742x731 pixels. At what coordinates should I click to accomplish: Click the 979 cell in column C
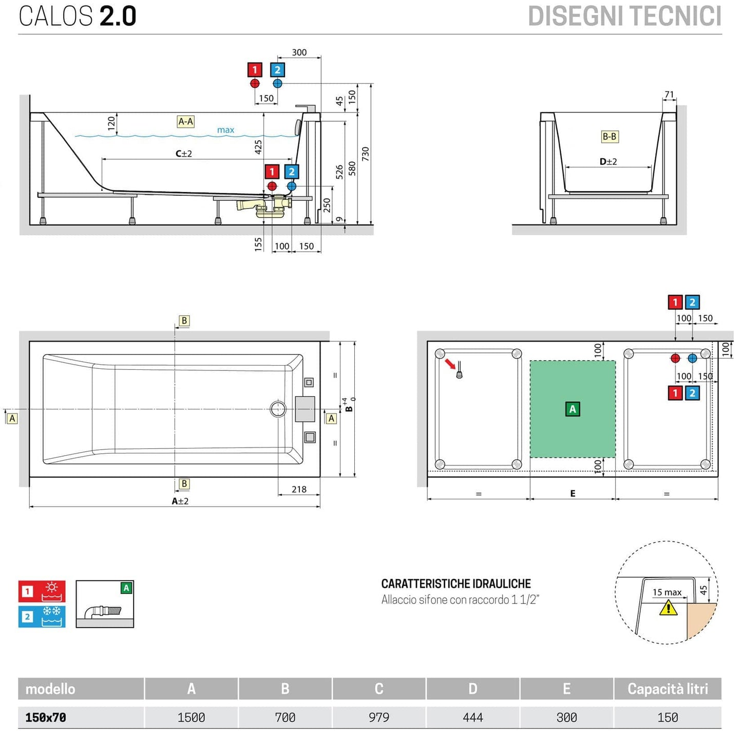[x=379, y=717]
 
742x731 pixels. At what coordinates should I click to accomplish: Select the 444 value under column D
[x=472, y=717]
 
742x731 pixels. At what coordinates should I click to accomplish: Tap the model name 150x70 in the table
[x=46, y=717]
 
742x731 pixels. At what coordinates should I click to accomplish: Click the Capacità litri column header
[x=667, y=689]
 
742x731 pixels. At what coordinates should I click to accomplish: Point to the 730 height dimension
[x=366, y=154]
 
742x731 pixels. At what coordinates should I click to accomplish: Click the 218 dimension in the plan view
[x=299, y=490]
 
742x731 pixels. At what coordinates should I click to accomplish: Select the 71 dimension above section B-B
[x=669, y=95]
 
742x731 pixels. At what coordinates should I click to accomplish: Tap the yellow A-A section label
[x=185, y=122]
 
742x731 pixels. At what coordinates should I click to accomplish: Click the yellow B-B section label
[x=610, y=137]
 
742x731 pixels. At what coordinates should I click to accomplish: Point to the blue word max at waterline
[x=225, y=130]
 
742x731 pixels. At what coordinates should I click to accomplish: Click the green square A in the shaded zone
[x=573, y=409]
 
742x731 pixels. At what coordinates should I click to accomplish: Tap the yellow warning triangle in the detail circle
[x=668, y=608]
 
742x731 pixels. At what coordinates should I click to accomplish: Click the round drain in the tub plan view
[x=278, y=409]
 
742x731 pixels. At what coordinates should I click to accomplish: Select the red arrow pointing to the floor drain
[x=450, y=364]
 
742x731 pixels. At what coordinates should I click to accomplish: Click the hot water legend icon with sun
[x=42, y=591]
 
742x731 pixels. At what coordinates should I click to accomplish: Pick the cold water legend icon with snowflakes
[x=42, y=616]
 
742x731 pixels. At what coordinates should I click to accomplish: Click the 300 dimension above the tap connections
[x=299, y=52]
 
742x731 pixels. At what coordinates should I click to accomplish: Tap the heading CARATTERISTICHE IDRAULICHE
[x=455, y=584]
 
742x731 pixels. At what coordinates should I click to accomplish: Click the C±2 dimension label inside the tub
[x=184, y=154]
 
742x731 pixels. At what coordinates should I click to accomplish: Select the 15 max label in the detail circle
[x=667, y=592]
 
